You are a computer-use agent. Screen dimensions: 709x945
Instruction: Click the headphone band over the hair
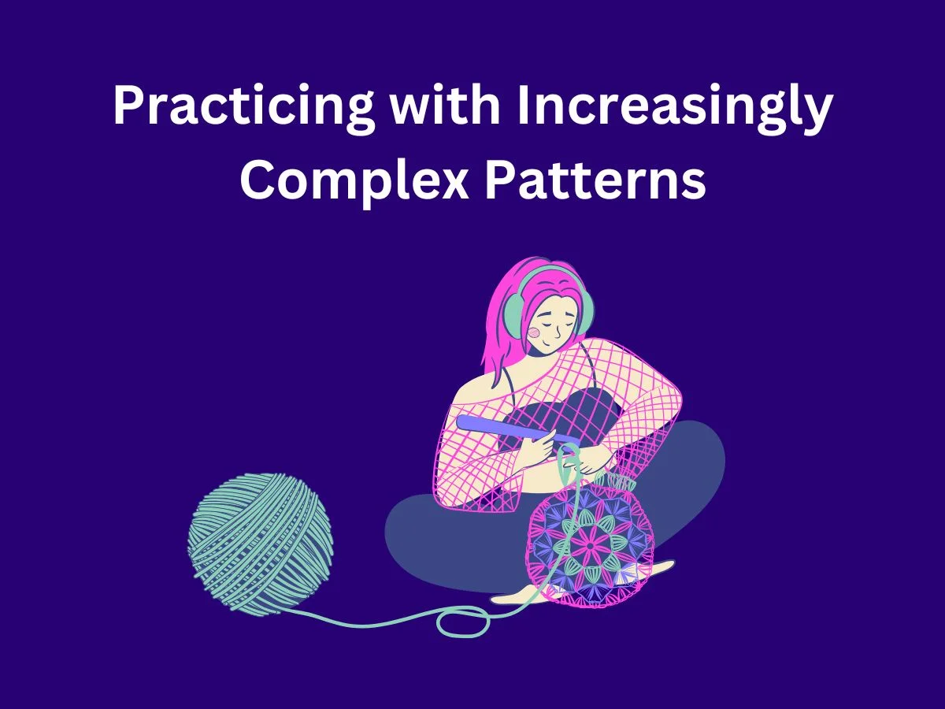tap(543, 272)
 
